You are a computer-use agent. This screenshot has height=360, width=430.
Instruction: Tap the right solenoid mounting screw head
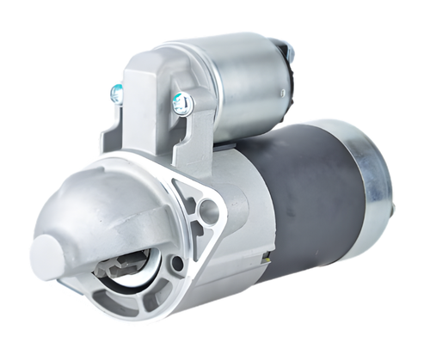tap(181, 104)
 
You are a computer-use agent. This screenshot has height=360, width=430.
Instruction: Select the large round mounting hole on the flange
tap(207, 211)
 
